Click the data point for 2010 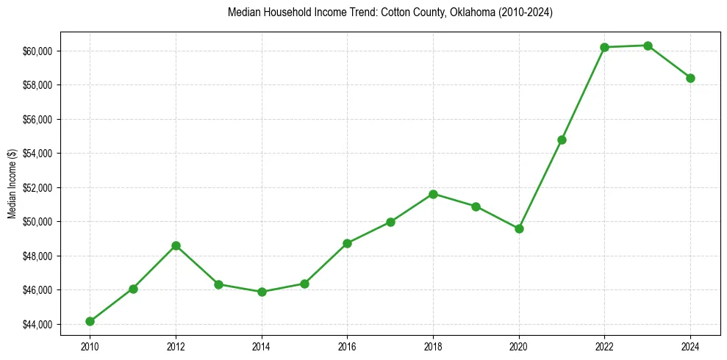[x=90, y=321]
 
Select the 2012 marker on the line [x=176, y=245]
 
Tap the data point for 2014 [x=262, y=292]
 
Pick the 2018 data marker [x=433, y=194]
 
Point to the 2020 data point [x=519, y=228]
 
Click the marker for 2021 [x=562, y=140]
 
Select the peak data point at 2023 [x=648, y=46]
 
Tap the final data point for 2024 [x=690, y=78]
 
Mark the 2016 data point [x=347, y=243]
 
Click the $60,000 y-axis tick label [x=37, y=51]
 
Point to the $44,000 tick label [x=37, y=324]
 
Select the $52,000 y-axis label [x=37, y=187]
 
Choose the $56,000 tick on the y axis [x=37, y=119]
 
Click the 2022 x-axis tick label [x=604, y=345]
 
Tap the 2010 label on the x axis [x=90, y=345]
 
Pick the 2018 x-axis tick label [x=433, y=345]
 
